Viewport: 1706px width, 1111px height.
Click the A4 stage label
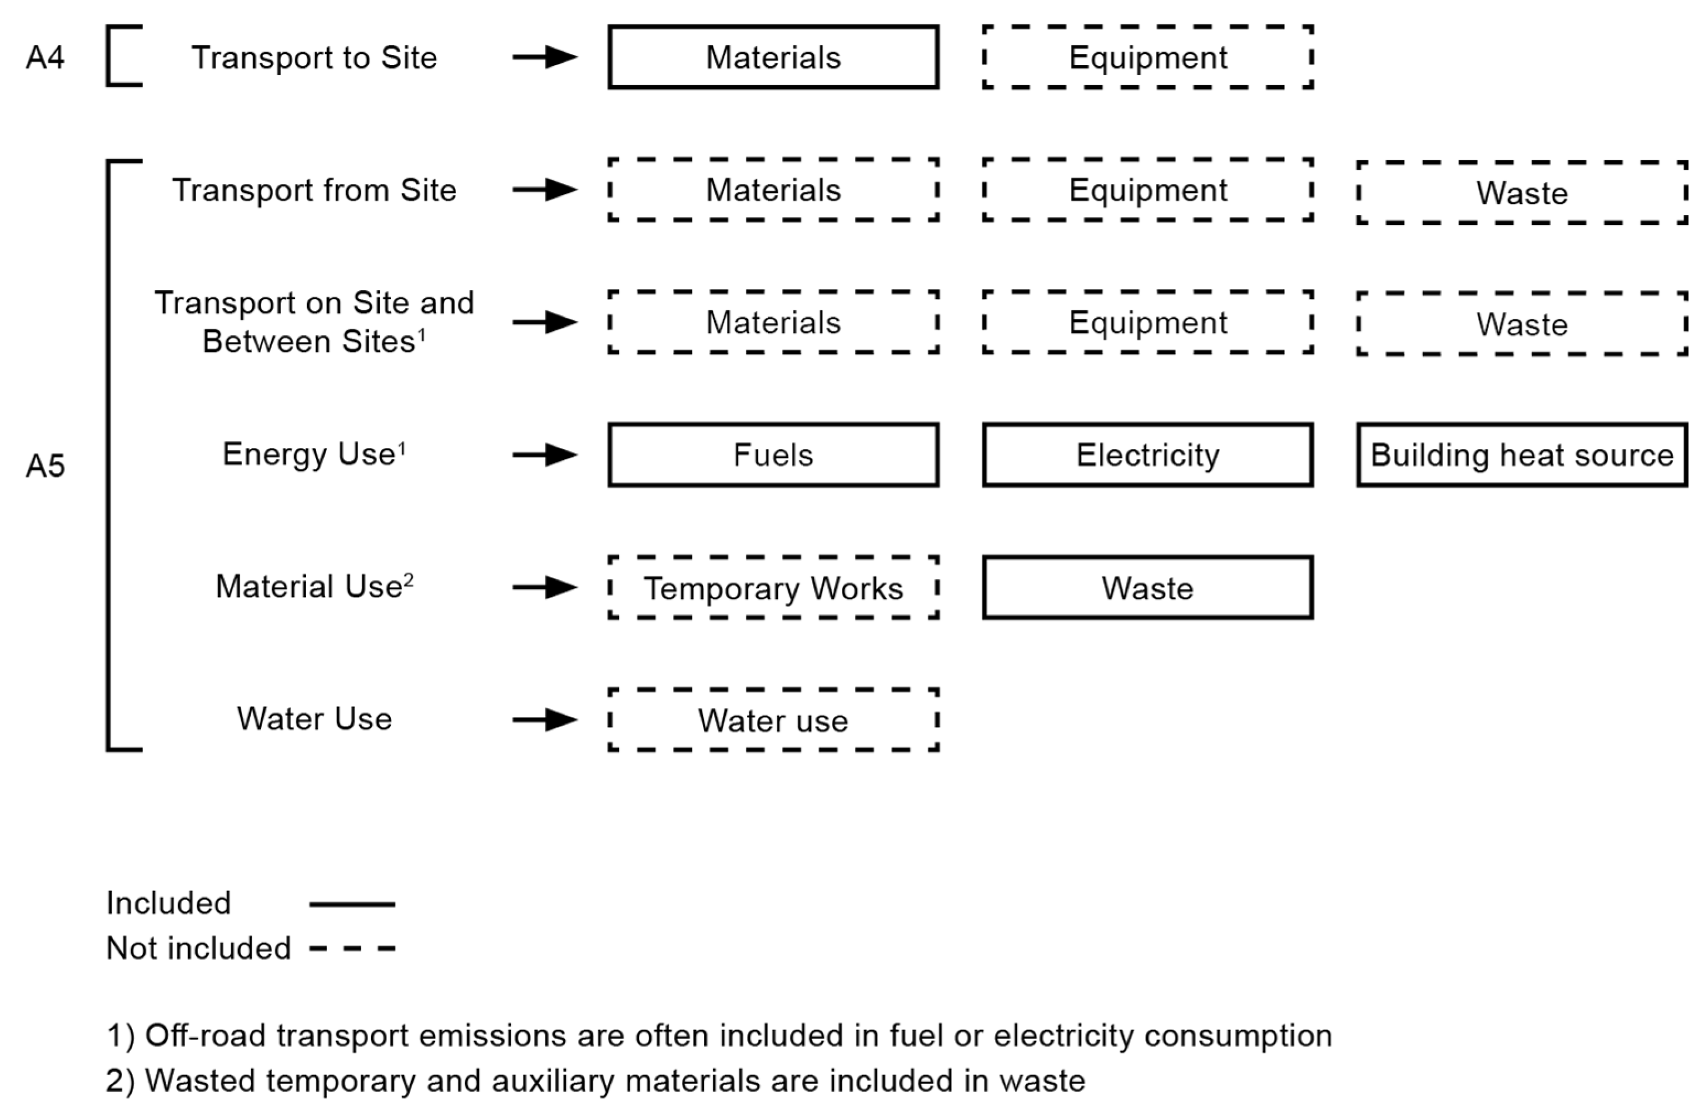(x=45, y=57)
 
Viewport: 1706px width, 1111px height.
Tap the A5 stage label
(x=45, y=466)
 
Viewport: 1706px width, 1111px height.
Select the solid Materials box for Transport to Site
(x=773, y=57)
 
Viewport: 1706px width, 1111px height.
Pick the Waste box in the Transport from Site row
(x=1521, y=193)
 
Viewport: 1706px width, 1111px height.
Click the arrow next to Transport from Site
(x=545, y=190)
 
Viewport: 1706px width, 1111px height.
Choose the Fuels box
(x=773, y=455)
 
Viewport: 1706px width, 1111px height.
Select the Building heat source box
(x=1521, y=455)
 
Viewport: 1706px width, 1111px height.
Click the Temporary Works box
(x=773, y=588)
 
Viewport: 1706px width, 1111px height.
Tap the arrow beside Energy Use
(x=545, y=454)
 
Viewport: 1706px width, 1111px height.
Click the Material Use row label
(x=314, y=586)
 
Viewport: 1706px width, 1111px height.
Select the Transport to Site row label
(x=314, y=57)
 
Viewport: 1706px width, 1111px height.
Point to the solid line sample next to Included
(x=352, y=904)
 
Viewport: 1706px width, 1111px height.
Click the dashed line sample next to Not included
(x=352, y=948)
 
